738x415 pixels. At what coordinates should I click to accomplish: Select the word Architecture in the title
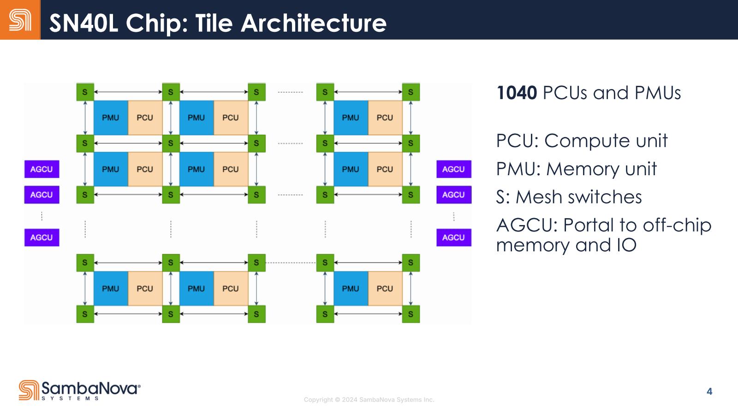pos(314,23)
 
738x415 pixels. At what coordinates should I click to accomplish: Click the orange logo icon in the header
pos(20,20)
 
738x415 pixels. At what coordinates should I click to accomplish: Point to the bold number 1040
pos(516,93)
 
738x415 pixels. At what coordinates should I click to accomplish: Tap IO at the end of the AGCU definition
pos(626,245)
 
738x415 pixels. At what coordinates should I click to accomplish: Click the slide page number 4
pos(709,391)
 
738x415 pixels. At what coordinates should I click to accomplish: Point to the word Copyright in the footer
pos(318,400)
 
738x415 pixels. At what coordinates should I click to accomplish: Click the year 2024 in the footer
pos(350,400)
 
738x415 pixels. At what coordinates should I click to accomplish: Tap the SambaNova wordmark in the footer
pos(90,388)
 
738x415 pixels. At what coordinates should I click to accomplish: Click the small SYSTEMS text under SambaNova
pos(70,398)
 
